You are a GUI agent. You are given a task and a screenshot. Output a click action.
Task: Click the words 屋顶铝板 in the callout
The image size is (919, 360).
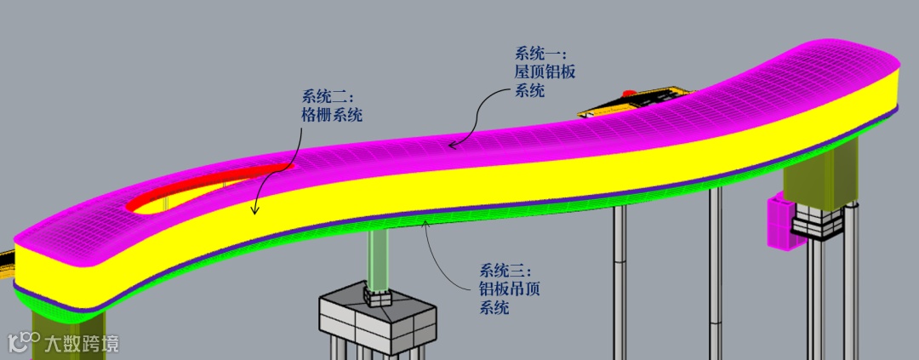545,72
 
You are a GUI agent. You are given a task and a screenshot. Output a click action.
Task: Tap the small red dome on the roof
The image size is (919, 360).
630,92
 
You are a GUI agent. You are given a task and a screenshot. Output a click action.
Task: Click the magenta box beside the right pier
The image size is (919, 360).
780,223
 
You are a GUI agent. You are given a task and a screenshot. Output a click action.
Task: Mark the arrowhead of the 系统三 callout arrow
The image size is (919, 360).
425,223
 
